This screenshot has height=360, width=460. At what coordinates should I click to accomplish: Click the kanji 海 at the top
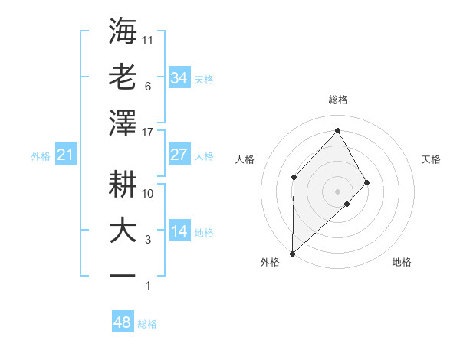pyautogui.click(x=123, y=31)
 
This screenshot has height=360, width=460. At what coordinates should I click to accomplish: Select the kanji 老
pyautogui.click(x=123, y=77)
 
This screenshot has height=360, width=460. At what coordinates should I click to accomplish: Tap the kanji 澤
pyautogui.click(x=123, y=123)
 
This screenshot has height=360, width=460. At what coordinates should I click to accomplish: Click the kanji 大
pyautogui.click(x=123, y=231)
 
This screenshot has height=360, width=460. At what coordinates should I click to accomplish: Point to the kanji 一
pyautogui.click(x=123, y=276)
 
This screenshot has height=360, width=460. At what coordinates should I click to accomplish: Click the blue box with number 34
pyautogui.click(x=179, y=77)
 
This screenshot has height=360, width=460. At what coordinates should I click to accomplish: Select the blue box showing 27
pyautogui.click(x=179, y=155)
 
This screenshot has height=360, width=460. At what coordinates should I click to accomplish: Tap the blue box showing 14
pyautogui.click(x=179, y=232)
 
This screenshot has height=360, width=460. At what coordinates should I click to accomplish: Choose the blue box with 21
pyautogui.click(x=66, y=155)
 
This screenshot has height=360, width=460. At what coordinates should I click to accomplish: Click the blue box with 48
pyautogui.click(x=123, y=322)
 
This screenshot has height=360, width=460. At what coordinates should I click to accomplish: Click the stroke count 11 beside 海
pyautogui.click(x=149, y=39)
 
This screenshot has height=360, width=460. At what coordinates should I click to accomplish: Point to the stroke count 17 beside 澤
pyautogui.click(x=149, y=132)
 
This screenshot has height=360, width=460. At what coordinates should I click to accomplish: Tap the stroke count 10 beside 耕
pyautogui.click(x=149, y=193)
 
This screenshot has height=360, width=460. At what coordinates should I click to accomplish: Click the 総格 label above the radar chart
pyautogui.click(x=337, y=100)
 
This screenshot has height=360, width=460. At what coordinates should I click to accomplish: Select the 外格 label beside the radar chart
pyautogui.click(x=270, y=262)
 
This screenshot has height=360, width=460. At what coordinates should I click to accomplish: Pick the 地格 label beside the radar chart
pyautogui.click(x=402, y=262)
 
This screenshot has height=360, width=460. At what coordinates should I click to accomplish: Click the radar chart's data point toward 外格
pyautogui.click(x=292, y=253)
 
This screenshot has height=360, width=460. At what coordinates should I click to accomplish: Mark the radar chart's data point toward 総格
pyautogui.click(x=337, y=130)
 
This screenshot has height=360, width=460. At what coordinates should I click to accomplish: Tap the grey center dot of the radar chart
pyautogui.click(x=337, y=190)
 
